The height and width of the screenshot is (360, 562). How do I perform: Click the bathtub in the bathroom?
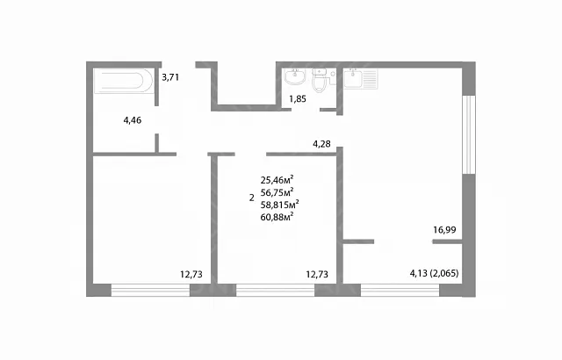point(124,81)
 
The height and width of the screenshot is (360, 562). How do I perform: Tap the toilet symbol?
point(320,81)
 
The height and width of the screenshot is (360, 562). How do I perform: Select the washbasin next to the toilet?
point(295,76)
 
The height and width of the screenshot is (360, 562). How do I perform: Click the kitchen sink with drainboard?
point(361,79)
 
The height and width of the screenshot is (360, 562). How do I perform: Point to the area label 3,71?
point(170,77)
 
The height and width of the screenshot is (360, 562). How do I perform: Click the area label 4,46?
point(133,120)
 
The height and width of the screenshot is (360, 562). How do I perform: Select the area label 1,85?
point(298,99)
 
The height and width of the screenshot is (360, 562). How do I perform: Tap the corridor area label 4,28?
point(321,144)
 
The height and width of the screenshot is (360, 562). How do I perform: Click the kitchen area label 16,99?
point(444,230)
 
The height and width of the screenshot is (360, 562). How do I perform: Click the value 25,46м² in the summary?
point(277,179)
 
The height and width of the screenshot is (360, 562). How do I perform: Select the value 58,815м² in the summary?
point(279,205)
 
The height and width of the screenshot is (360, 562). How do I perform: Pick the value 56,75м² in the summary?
point(277,192)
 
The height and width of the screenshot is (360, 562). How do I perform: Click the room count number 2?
point(252,198)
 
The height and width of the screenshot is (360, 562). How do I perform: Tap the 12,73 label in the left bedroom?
point(191,274)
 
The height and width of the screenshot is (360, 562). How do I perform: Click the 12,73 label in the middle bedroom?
point(317,274)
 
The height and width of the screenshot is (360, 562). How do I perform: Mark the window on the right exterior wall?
point(468,134)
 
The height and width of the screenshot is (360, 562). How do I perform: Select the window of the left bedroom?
point(150,290)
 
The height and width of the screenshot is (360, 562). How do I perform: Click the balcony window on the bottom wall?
point(400,290)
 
